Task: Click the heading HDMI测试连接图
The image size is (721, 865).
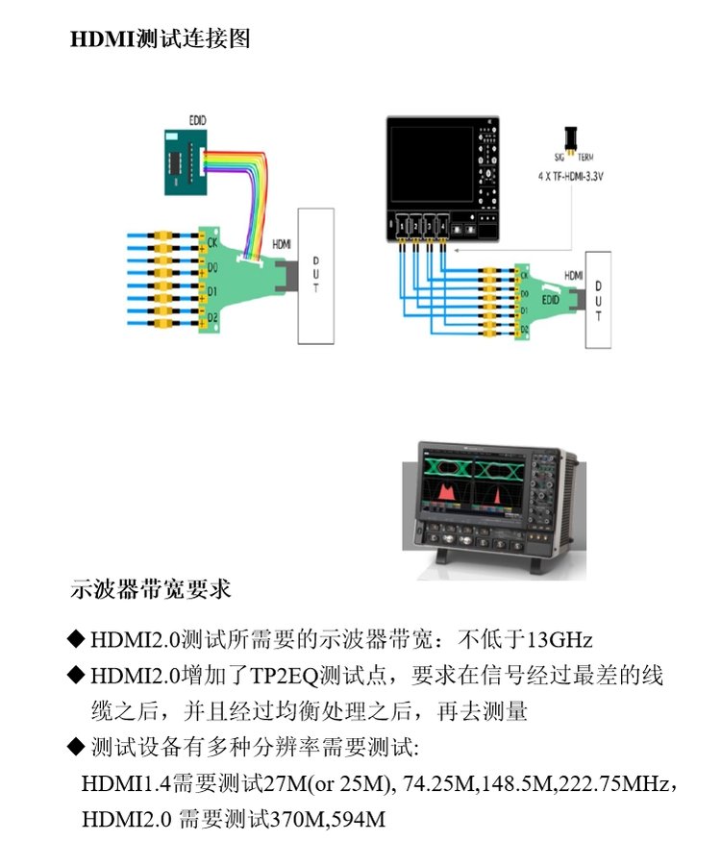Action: tap(160, 40)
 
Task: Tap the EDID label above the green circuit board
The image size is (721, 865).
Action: tap(197, 119)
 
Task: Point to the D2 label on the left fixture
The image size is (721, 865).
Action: tap(213, 317)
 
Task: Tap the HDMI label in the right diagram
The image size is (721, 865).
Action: tap(574, 275)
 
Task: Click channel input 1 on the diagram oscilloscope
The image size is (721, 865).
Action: tap(402, 225)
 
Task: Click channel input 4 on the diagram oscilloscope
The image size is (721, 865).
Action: tap(443, 225)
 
